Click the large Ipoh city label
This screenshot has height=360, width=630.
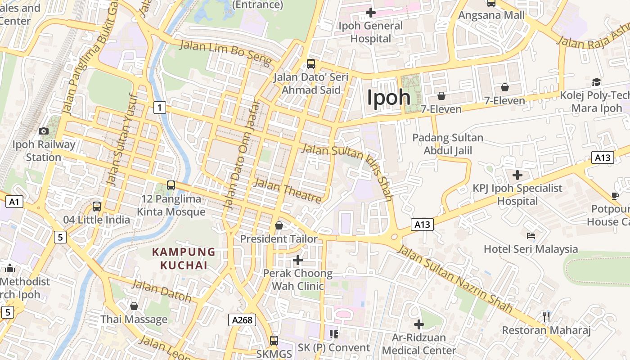point(389,98)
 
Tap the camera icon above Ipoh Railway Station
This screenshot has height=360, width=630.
point(44,131)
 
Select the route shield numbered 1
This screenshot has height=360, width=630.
point(159,108)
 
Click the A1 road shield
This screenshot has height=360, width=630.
point(14,202)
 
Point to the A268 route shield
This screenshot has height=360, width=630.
point(242,320)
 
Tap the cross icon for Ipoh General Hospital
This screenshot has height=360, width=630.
point(370,13)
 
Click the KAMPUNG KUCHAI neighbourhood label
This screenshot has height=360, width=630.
point(184,259)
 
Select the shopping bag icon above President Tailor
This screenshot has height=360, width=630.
point(279,225)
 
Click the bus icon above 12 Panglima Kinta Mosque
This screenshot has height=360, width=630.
point(171,185)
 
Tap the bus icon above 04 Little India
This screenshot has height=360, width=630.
point(97,207)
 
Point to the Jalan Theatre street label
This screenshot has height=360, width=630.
point(288,190)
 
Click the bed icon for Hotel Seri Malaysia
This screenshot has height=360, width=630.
point(531,235)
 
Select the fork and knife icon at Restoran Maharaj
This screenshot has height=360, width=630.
point(546,316)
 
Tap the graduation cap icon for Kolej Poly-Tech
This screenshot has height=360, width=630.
point(596,82)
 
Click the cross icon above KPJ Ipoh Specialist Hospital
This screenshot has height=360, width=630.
point(517,175)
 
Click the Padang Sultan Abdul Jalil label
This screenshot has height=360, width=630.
point(448,144)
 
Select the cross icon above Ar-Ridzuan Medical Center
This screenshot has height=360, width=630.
point(419,324)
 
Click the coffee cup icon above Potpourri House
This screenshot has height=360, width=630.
point(615,196)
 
